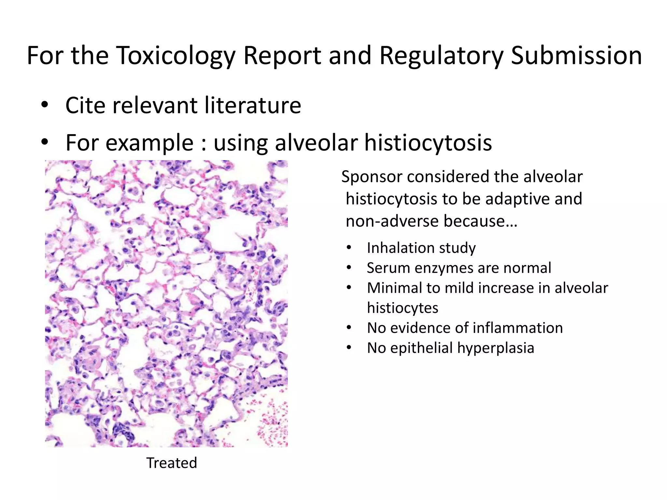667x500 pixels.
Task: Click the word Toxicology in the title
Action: click(176, 56)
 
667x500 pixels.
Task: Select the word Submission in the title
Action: click(576, 56)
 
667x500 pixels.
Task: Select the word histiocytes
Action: click(403, 308)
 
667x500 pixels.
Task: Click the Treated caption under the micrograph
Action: click(172, 463)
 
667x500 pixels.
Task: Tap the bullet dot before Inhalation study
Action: click(349, 248)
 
